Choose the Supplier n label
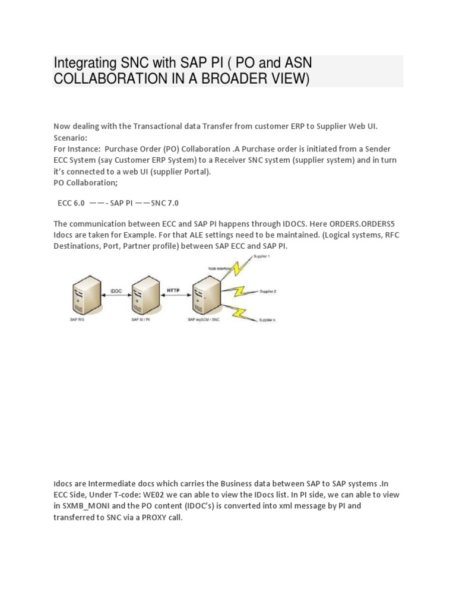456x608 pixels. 266,320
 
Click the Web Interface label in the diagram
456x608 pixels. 217,268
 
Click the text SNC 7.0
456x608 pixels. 165,203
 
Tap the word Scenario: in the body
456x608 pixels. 70,137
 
